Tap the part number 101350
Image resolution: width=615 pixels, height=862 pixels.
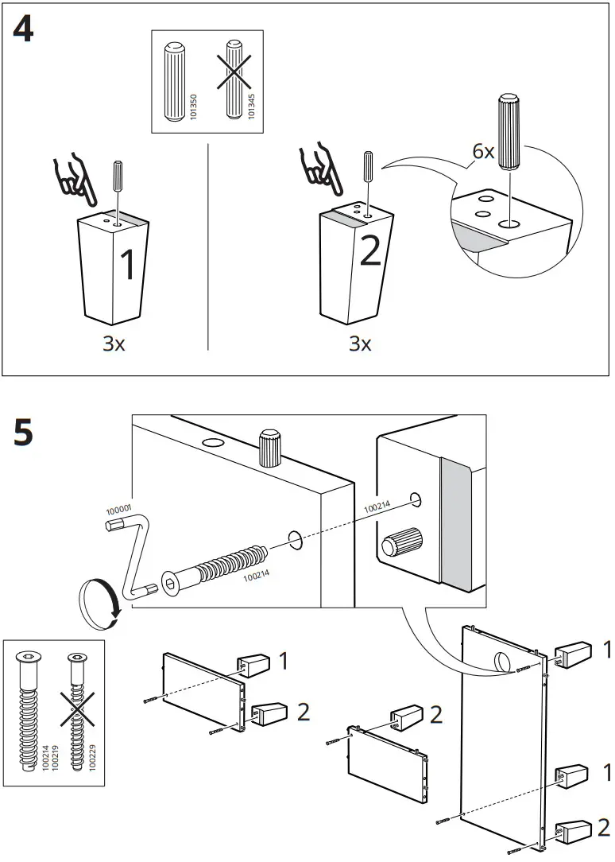pos(193,108)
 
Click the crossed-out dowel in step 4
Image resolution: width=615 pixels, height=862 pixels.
pos(233,80)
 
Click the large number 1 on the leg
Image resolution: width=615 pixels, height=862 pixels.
pos(128,265)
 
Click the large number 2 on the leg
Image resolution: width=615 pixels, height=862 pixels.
pos(370,250)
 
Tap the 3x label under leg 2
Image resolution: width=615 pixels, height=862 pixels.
pos(361,344)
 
